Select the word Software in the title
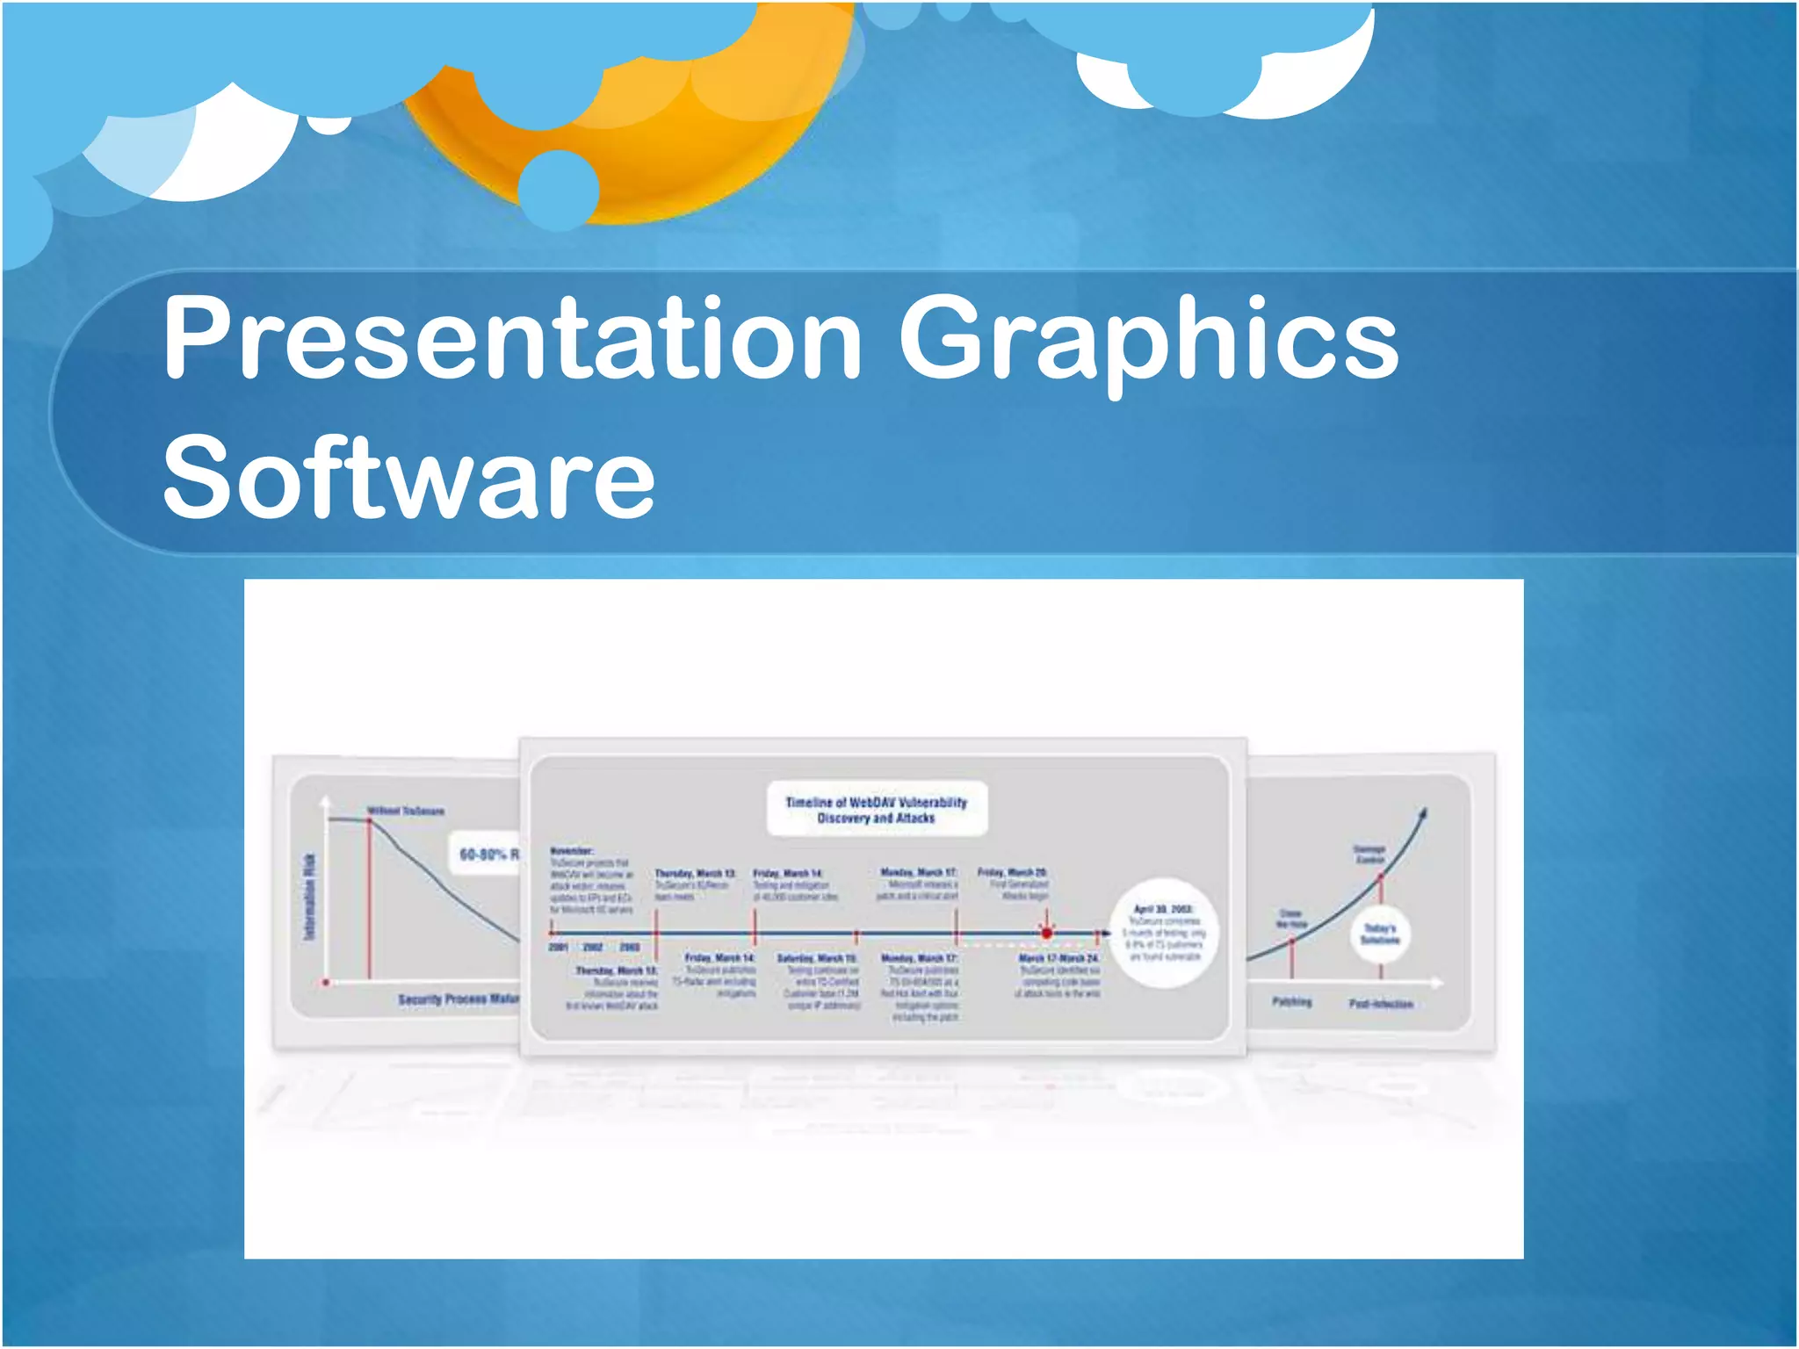point(408,479)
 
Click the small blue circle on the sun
point(559,190)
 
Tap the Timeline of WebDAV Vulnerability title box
point(876,809)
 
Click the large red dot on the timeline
point(1046,934)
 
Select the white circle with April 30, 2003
point(1165,933)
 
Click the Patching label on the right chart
point(1291,1001)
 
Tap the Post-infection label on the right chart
point(1381,1003)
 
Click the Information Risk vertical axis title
point(309,896)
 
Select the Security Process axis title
point(458,999)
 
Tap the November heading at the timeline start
point(572,850)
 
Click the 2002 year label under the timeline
point(593,948)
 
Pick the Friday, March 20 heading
point(1012,872)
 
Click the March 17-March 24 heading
point(1058,958)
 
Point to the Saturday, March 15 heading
point(817,958)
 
